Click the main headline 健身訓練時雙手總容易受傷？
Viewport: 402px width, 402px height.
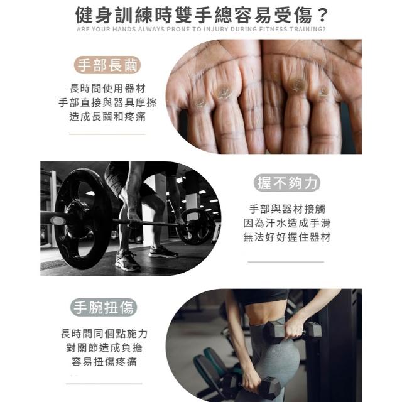point(201,15)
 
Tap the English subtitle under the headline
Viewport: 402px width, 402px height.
point(201,30)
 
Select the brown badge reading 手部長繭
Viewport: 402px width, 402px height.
point(107,65)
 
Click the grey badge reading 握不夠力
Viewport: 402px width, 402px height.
point(287,183)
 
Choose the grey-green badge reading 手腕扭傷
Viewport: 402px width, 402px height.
point(104,307)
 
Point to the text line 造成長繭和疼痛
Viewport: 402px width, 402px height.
point(107,117)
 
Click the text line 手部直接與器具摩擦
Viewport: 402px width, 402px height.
point(107,102)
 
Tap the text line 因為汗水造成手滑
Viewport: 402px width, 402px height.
point(287,223)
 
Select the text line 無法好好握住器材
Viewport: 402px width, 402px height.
point(287,237)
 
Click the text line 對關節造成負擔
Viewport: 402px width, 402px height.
point(104,347)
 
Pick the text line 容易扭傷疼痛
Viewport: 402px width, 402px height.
point(104,362)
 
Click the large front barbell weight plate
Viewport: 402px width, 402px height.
point(82,219)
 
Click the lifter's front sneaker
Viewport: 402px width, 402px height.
point(128,261)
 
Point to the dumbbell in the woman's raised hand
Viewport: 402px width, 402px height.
point(292,332)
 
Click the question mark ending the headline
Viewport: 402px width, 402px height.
point(322,15)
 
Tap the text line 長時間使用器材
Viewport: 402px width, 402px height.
point(107,89)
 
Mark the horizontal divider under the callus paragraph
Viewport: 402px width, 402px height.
point(107,134)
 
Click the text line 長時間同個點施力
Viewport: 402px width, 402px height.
point(104,334)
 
